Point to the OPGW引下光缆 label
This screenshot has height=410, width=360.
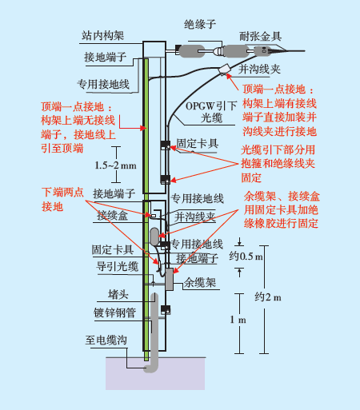[x=210, y=111]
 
